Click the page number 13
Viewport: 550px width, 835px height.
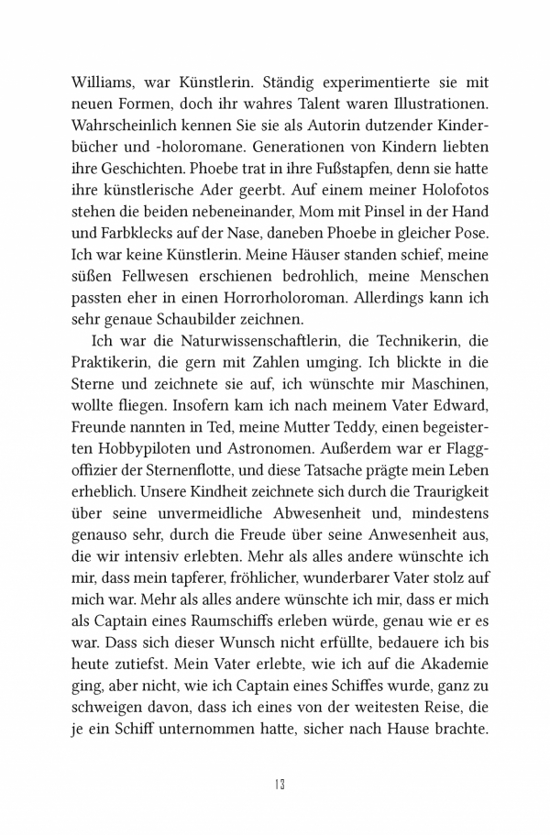click(280, 784)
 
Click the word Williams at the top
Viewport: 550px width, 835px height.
click(103, 80)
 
